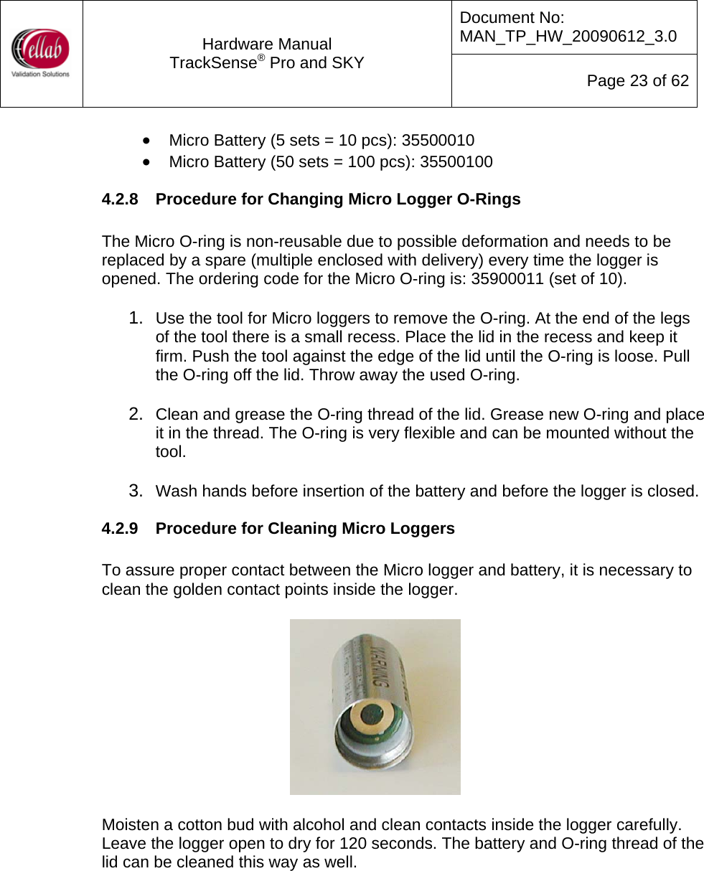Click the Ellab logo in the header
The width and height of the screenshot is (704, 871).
[x=41, y=53]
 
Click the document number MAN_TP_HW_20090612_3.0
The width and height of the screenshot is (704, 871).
[x=568, y=36]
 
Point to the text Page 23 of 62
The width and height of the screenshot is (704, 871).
[x=637, y=81]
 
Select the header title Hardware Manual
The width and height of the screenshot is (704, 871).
[x=267, y=44]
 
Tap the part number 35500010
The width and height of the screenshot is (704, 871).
[x=438, y=141]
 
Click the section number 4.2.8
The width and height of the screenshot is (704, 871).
[x=121, y=199]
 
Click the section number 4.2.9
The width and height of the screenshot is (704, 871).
[x=121, y=529]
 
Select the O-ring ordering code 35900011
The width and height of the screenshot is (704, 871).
[x=507, y=279]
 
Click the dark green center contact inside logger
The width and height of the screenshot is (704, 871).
[x=375, y=718]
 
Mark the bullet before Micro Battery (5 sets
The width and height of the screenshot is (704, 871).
[x=146, y=141]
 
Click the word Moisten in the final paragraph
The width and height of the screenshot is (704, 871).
[x=131, y=824]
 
